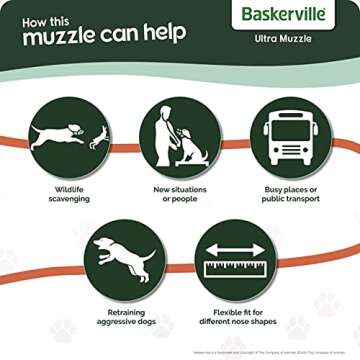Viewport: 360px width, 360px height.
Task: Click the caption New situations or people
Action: coord(179,193)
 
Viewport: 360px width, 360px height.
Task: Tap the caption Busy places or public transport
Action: coord(291,193)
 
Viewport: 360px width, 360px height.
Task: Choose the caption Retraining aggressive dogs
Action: coord(122,318)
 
